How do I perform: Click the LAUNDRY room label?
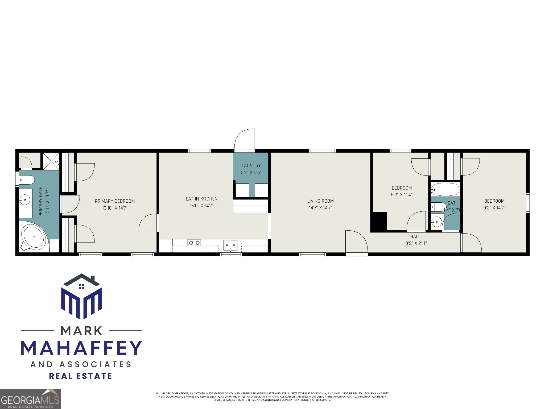click(x=251, y=166)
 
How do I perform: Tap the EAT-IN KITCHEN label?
click(x=201, y=199)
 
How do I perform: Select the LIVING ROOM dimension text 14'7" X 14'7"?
click(x=320, y=208)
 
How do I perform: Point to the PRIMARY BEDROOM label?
click(x=115, y=201)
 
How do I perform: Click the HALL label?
click(x=415, y=236)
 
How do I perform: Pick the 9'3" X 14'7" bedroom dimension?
click(x=494, y=208)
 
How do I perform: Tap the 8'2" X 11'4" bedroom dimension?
click(x=402, y=195)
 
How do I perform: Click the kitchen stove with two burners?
click(x=194, y=243)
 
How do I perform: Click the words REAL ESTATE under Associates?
click(x=81, y=376)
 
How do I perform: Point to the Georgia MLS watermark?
click(x=30, y=399)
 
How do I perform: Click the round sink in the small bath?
click(x=436, y=221)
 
